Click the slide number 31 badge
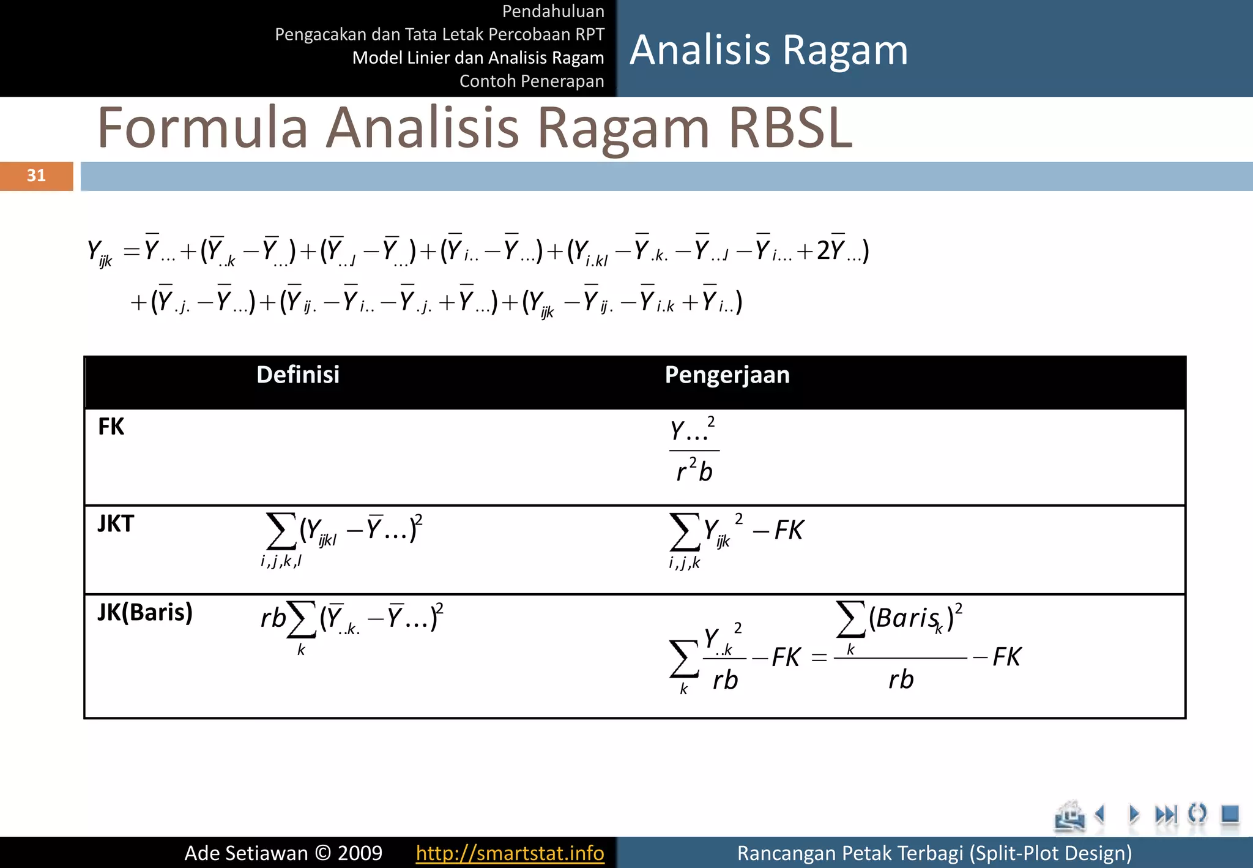click(36, 176)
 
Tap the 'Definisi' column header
click(298, 375)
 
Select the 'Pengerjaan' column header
click(727, 375)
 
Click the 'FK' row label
click(111, 427)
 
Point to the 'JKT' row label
click(116, 524)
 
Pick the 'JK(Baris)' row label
click(145, 612)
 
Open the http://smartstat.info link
click(510, 853)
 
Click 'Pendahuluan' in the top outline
click(552, 11)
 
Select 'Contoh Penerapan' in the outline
click(531, 81)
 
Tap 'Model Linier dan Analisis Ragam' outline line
click(478, 58)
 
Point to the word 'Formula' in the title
click(203, 128)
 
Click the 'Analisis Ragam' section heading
click(768, 50)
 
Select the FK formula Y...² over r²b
click(694, 451)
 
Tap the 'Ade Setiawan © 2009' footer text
click(283, 853)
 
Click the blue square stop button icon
click(1230, 814)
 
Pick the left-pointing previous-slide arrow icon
click(1101, 814)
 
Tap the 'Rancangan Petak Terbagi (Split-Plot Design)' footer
click(934, 853)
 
